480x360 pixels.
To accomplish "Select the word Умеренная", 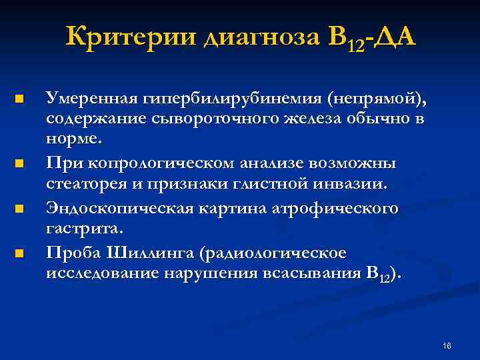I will tap(91, 99).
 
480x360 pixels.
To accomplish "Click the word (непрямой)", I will tap(375, 99).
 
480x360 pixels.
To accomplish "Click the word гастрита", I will tap(84, 229).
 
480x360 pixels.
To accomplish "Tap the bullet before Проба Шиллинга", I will tap(19, 253).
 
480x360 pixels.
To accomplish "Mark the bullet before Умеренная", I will tap(19, 100).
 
